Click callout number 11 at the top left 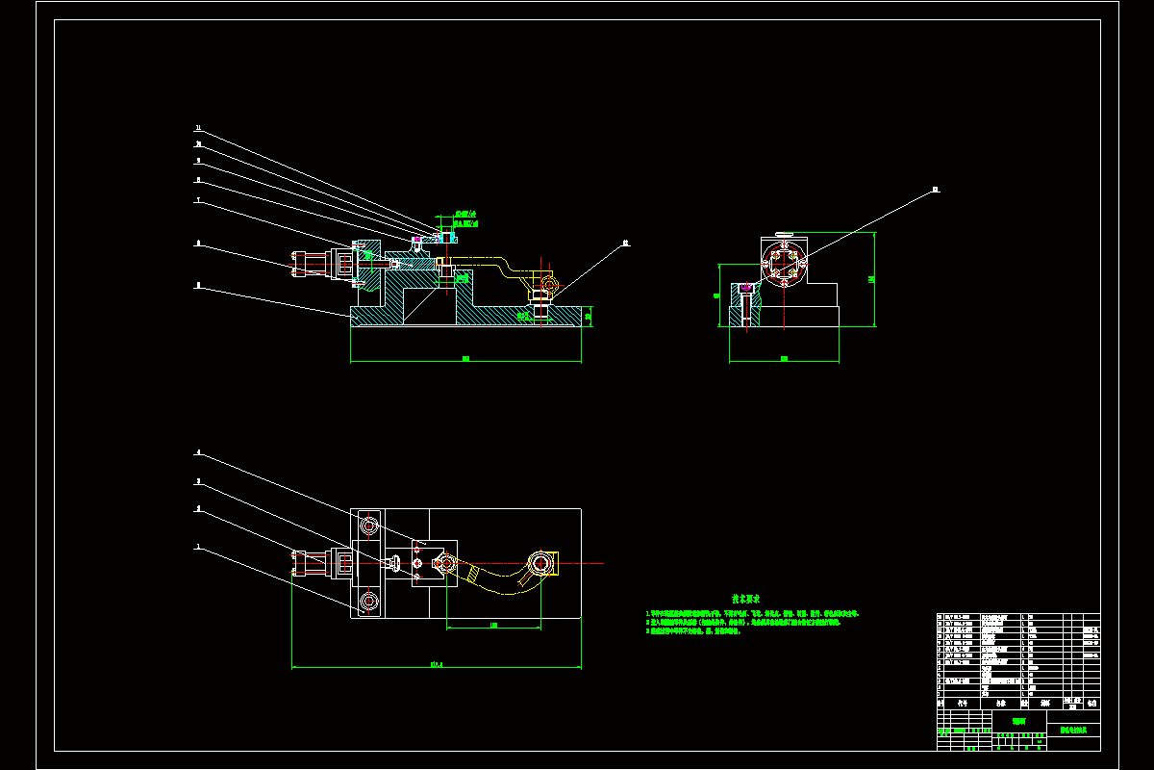[x=197, y=127]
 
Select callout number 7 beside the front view [x=197, y=201]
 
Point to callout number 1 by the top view [x=197, y=547]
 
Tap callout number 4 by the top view [x=197, y=452]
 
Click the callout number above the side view [x=935, y=190]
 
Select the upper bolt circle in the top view [x=369, y=525]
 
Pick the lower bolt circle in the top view [x=369, y=603]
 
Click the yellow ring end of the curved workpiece [x=541, y=563]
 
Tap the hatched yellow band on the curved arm [x=469, y=576]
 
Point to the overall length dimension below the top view [x=436, y=663]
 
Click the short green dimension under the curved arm [x=493, y=626]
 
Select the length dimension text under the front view [x=465, y=359]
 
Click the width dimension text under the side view [x=784, y=359]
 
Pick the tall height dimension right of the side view [x=871, y=279]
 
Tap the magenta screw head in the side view [x=746, y=286]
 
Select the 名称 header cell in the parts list [x=991, y=703]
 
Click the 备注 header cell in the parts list [x=1091, y=703]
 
